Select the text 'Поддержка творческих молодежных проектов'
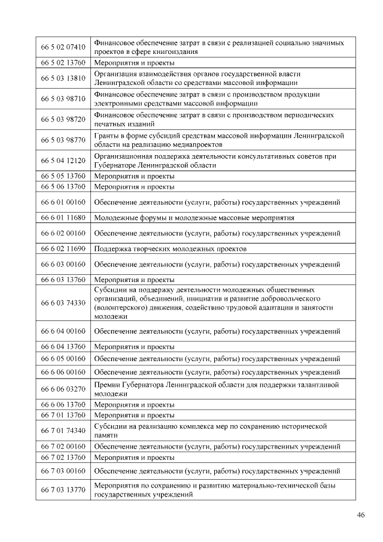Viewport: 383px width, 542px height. click(171, 249)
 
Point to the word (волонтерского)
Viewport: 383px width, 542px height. click(121, 307)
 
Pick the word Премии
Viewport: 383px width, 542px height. click(107, 384)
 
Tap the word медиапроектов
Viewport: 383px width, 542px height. click(199, 145)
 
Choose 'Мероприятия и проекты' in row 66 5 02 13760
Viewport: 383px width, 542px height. click(135, 63)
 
